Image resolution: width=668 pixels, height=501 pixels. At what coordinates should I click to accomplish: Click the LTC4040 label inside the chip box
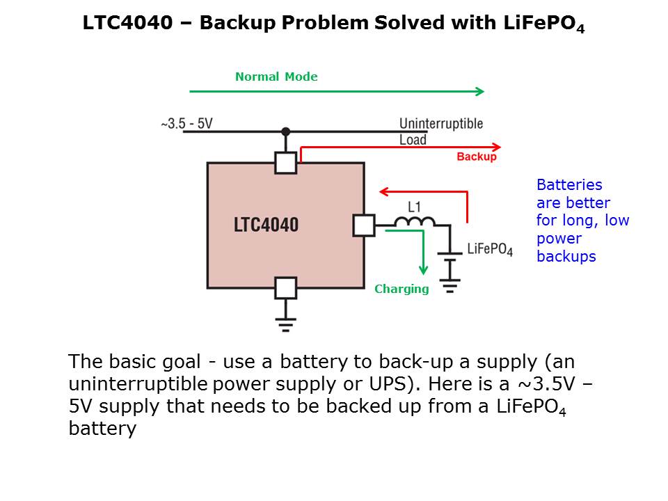coord(266,225)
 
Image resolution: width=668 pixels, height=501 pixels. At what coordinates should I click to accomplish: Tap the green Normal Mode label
coord(276,77)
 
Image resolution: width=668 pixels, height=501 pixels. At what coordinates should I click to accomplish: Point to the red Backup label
coord(477,157)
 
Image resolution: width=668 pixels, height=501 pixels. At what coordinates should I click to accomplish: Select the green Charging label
coord(401,289)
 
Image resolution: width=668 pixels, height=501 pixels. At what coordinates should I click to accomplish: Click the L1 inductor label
coord(414,207)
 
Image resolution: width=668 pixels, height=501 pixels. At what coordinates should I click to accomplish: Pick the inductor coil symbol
coord(415,221)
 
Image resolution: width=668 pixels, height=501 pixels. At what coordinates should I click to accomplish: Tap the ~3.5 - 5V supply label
coord(186,124)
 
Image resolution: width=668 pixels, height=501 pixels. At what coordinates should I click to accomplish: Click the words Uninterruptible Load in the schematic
coord(440,132)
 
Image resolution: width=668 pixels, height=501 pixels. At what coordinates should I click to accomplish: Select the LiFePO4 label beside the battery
coord(490,250)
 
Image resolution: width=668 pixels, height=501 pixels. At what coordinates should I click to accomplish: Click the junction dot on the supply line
coord(285,131)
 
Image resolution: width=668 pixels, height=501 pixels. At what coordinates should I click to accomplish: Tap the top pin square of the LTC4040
coord(285,163)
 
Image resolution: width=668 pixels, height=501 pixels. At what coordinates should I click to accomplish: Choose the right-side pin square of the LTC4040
coord(364,225)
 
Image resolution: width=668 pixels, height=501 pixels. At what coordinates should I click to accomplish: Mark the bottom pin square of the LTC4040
coord(285,287)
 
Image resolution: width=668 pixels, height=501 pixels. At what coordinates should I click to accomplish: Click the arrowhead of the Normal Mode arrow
coord(479,91)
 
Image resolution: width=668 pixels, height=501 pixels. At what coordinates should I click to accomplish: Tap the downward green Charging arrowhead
coord(422,271)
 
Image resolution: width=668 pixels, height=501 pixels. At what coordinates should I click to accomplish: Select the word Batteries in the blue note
coord(569,185)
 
